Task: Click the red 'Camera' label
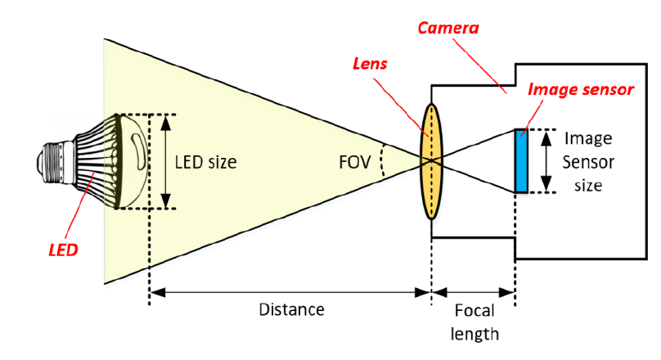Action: [447, 28]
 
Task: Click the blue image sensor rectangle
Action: [520, 160]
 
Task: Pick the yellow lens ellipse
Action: [431, 161]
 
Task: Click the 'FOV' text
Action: [354, 160]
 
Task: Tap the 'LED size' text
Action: [205, 162]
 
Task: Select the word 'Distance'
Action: [291, 310]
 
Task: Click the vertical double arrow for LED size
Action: [167, 161]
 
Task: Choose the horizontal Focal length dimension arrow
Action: [473, 291]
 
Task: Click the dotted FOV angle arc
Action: [383, 161]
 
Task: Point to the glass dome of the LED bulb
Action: [135, 160]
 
